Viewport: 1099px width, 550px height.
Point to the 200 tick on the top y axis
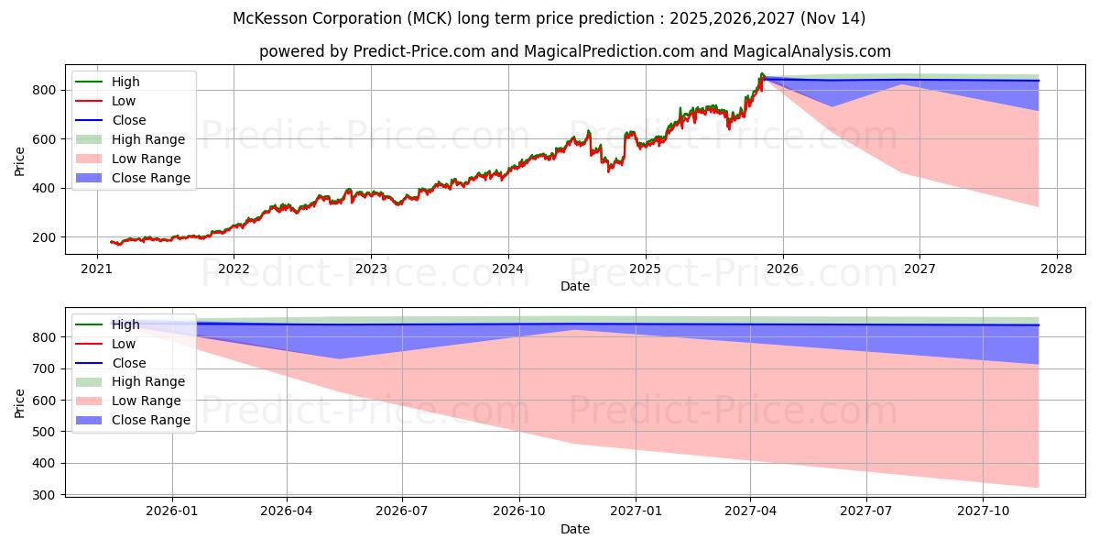(x=45, y=237)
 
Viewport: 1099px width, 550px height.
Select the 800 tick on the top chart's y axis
(x=45, y=90)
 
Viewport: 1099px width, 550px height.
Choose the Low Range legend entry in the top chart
(x=146, y=159)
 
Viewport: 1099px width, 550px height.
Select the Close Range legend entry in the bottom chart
(x=151, y=420)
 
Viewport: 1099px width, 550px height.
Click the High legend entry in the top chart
(x=125, y=82)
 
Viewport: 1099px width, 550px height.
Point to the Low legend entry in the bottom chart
(x=124, y=344)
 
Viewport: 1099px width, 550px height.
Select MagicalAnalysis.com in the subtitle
(x=811, y=51)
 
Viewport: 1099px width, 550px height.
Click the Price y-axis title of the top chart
(x=20, y=160)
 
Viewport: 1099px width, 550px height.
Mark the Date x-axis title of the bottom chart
(x=575, y=529)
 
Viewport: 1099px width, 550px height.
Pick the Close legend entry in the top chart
(x=128, y=120)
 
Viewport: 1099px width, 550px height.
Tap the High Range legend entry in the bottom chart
(x=148, y=381)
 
